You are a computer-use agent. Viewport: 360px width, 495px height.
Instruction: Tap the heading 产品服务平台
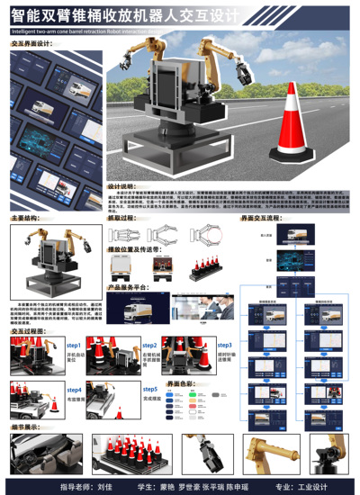[x=127, y=287]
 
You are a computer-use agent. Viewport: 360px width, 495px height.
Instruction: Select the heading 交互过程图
[x=28, y=331]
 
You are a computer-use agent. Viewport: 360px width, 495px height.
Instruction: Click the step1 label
[x=74, y=345]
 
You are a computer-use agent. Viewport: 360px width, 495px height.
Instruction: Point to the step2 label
[x=149, y=345]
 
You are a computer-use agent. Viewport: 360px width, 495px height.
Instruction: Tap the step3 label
[x=224, y=345]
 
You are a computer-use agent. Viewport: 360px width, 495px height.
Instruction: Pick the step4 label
[x=74, y=389]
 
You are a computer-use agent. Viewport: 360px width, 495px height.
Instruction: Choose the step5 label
[x=149, y=389]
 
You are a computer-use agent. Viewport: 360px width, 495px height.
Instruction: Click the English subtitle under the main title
[x=90, y=29]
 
